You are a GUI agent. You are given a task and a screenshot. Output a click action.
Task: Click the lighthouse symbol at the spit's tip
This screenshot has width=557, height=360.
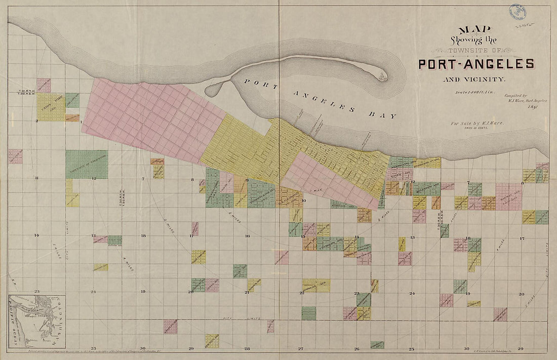382,76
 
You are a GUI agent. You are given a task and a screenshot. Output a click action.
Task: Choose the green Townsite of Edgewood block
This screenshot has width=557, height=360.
86,164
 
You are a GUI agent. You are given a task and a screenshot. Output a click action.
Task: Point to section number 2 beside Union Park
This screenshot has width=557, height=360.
36,121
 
